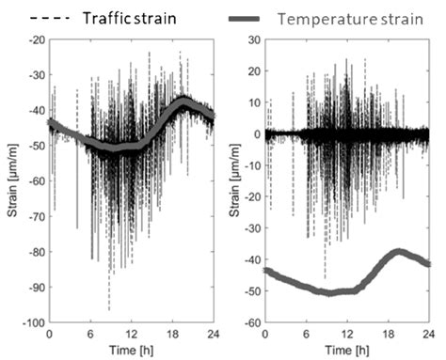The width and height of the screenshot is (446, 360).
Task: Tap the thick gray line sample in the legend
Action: [x=254, y=17]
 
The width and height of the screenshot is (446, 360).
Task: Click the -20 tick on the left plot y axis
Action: [x=36, y=39]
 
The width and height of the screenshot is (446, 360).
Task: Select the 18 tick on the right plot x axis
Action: [x=390, y=334]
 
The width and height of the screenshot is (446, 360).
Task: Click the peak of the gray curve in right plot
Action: [x=399, y=252]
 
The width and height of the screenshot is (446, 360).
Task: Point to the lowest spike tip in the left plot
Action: [x=108, y=309]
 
